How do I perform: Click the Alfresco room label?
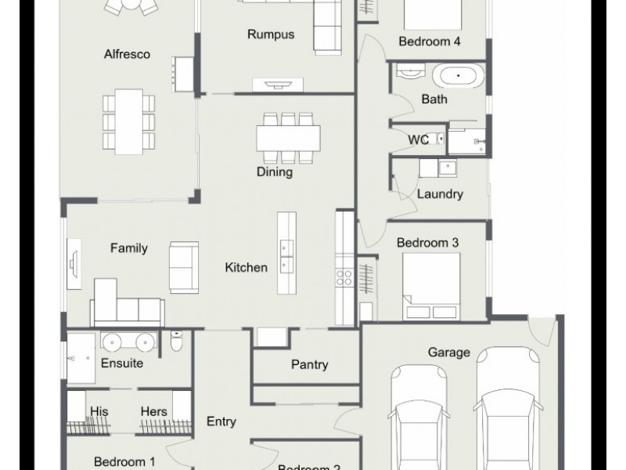click(x=127, y=55)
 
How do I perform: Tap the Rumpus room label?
click(x=270, y=34)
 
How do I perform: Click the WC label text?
click(x=418, y=140)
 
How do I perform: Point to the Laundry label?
click(x=440, y=193)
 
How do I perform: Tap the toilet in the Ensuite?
click(x=178, y=342)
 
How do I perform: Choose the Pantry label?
click(x=309, y=364)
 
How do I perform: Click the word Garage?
click(x=448, y=352)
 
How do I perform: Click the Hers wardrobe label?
click(x=153, y=410)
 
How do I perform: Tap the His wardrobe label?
click(x=99, y=410)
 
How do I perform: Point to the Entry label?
click(x=221, y=421)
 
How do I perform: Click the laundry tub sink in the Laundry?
click(x=448, y=167)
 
